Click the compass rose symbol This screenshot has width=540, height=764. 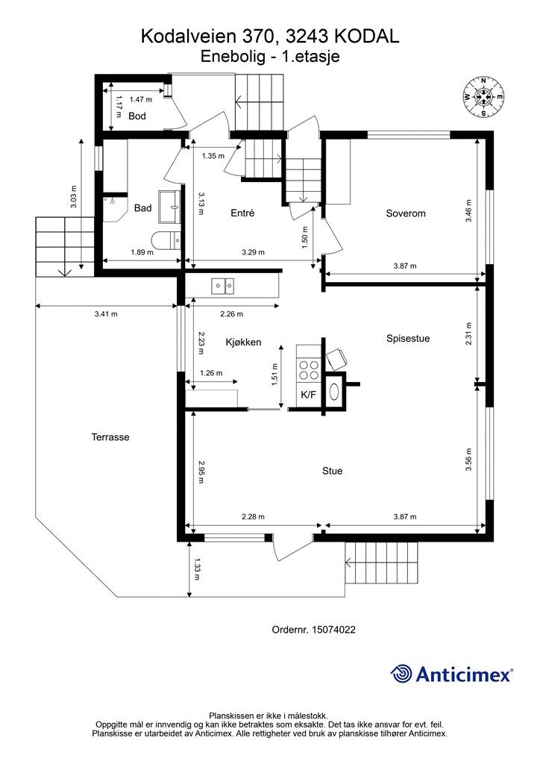point(483,97)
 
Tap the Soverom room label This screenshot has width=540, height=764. point(406,213)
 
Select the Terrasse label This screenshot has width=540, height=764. point(110,437)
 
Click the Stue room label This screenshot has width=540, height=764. point(332,471)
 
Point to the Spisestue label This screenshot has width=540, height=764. point(408,338)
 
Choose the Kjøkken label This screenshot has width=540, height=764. point(243,342)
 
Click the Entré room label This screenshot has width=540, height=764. point(242,213)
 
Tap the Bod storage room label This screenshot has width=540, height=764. point(137,116)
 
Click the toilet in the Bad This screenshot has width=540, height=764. point(166,239)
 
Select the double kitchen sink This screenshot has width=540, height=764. point(222,286)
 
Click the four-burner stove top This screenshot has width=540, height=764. point(309,369)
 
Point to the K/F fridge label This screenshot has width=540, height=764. point(308,395)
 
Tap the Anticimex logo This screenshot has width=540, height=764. point(452,674)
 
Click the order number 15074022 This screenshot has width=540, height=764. point(334,630)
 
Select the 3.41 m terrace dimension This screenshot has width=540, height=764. point(106,314)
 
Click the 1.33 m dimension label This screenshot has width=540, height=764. point(197,569)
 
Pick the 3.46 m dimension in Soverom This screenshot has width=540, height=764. point(468,210)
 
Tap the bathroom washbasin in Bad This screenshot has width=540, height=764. point(169,207)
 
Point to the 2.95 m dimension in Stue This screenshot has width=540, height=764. point(201,472)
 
